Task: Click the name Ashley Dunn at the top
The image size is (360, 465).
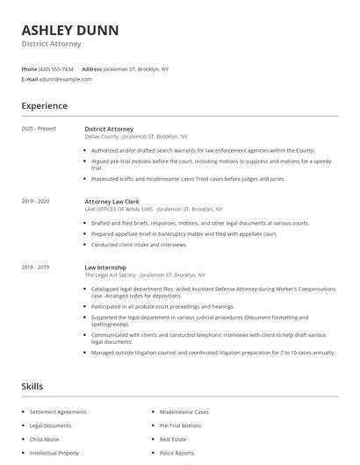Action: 69,30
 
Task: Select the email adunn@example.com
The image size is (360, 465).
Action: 65,79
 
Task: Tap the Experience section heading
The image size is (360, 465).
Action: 44,106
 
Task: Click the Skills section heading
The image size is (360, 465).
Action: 32,386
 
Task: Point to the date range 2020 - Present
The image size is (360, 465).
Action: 39,129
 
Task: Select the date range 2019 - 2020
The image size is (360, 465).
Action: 35,202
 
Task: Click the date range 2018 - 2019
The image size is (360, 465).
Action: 35,267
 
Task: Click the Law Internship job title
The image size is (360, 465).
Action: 105,267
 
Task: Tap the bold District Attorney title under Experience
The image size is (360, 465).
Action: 109,129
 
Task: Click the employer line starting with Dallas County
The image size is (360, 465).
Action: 136,137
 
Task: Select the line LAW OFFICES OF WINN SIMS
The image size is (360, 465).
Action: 154,210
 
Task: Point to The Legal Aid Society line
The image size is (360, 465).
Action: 145,275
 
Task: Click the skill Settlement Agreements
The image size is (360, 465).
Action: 58,411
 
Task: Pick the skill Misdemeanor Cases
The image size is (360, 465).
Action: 184,411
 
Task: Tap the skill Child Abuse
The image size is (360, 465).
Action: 44,439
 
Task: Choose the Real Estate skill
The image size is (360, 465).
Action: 173,439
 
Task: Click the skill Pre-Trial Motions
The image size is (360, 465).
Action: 180,426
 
